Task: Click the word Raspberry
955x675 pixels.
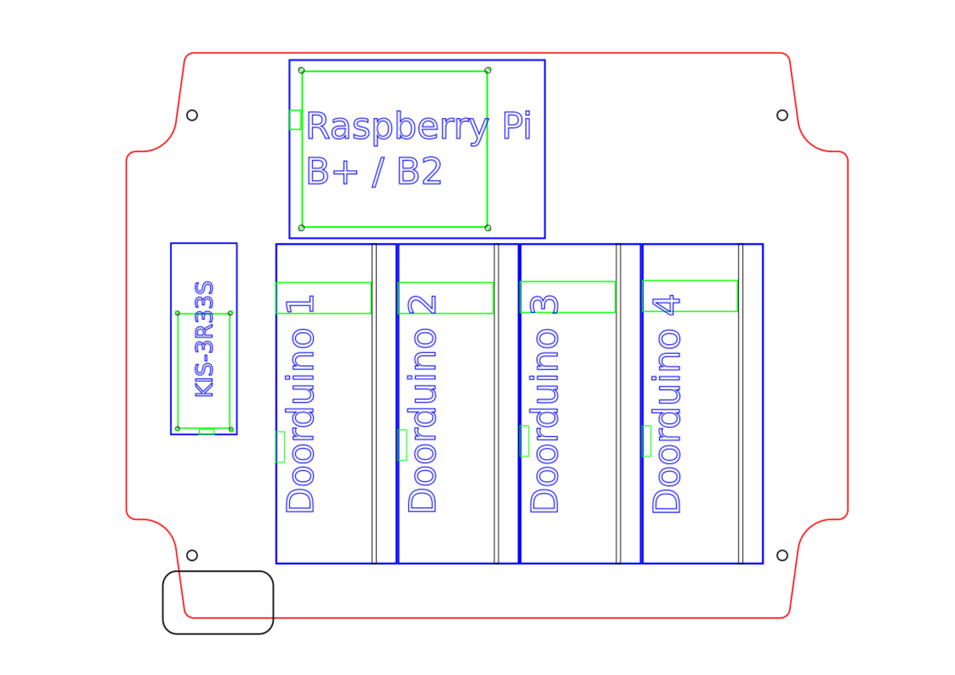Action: click(398, 128)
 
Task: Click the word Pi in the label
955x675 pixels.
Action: click(517, 125)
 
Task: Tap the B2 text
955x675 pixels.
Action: click(419, 170)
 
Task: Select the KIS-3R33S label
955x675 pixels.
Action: click(204, 339)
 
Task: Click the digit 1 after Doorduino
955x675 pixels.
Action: click(300, 304)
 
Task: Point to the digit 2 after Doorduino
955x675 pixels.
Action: click(422, 304)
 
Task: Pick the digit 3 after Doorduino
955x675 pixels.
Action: click(544, 304)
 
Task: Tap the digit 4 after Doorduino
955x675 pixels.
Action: click(666, 304)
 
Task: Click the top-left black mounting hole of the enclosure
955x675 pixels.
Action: click(192, 115)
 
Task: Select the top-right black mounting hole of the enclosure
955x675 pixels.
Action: click(782, 115)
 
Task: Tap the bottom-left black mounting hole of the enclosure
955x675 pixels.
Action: click(192, 555)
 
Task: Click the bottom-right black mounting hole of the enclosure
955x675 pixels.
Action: click(782, 555)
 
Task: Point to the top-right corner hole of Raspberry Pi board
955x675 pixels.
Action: click(488, 70)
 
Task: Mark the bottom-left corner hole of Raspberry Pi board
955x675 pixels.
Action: click(301, 228)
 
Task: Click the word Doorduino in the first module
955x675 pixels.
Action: click(300, 420)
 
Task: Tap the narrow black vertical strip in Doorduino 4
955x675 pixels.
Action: click(740, 404)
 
